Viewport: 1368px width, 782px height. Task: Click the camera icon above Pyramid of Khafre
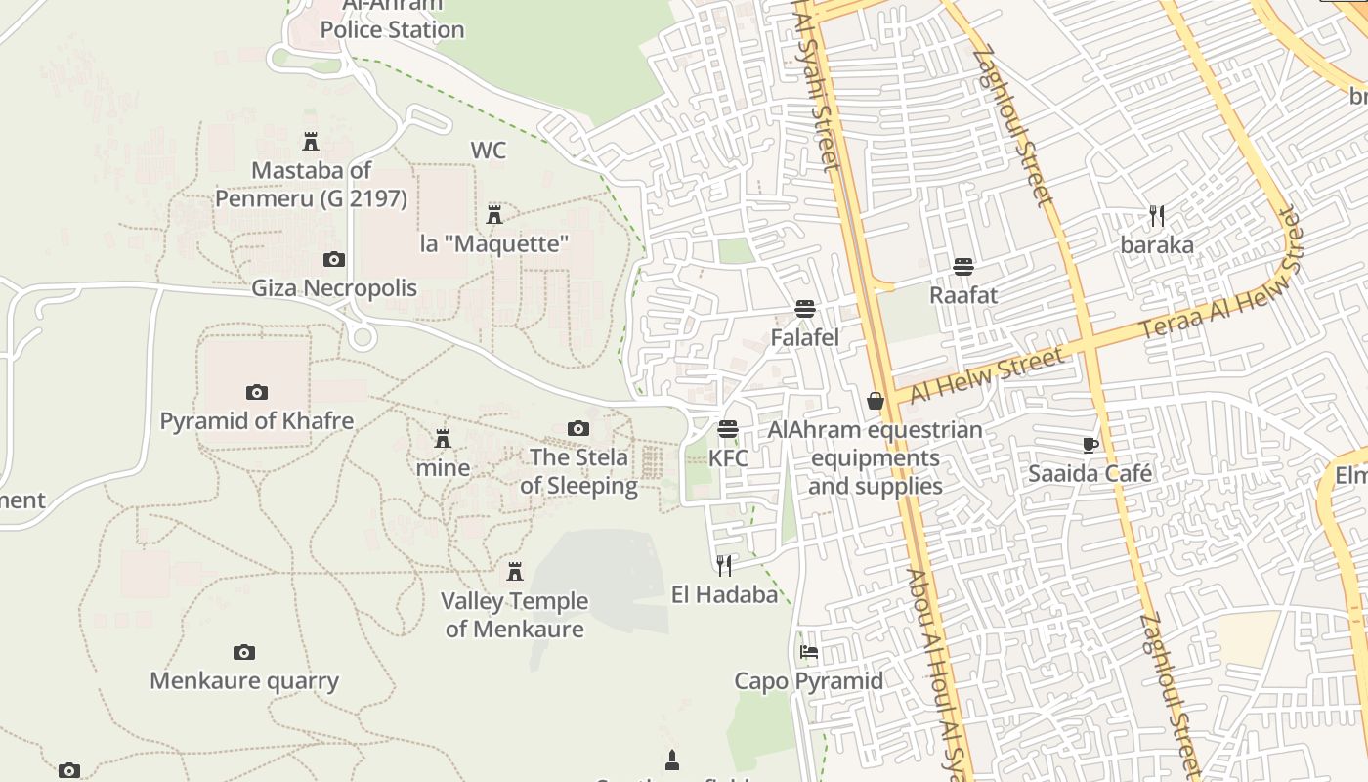click(x=256, y=392)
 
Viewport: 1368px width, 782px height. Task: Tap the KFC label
click(x=728, y=457)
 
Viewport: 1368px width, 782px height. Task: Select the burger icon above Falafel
click(x=805, y=310)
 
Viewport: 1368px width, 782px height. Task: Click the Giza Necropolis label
click(x=334, y=288)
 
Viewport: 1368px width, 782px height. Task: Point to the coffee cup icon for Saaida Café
click(x=1090, y=445)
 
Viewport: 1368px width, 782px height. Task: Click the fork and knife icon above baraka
click(x=1157, y=215)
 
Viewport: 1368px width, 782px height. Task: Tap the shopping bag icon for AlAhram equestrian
click(x=876, y=401)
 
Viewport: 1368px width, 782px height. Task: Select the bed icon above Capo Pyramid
click(x=809, y=652)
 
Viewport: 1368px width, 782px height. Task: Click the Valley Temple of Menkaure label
click(x=514, y=615)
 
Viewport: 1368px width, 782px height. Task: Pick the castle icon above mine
click(x=443, y=438)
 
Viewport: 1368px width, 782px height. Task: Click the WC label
click(x=489, y=151)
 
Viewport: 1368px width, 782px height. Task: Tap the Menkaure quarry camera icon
click(x=244, y=652)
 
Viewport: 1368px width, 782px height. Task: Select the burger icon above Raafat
click(x=963, y=266)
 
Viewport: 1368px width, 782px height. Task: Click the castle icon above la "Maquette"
click(x=494, y=214)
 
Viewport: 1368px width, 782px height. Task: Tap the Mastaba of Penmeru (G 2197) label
click(x=311, y=184)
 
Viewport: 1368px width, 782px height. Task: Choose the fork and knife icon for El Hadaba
click(x=724, y=565)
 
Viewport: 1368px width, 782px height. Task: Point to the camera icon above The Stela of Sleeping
click(x=578, y=428)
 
